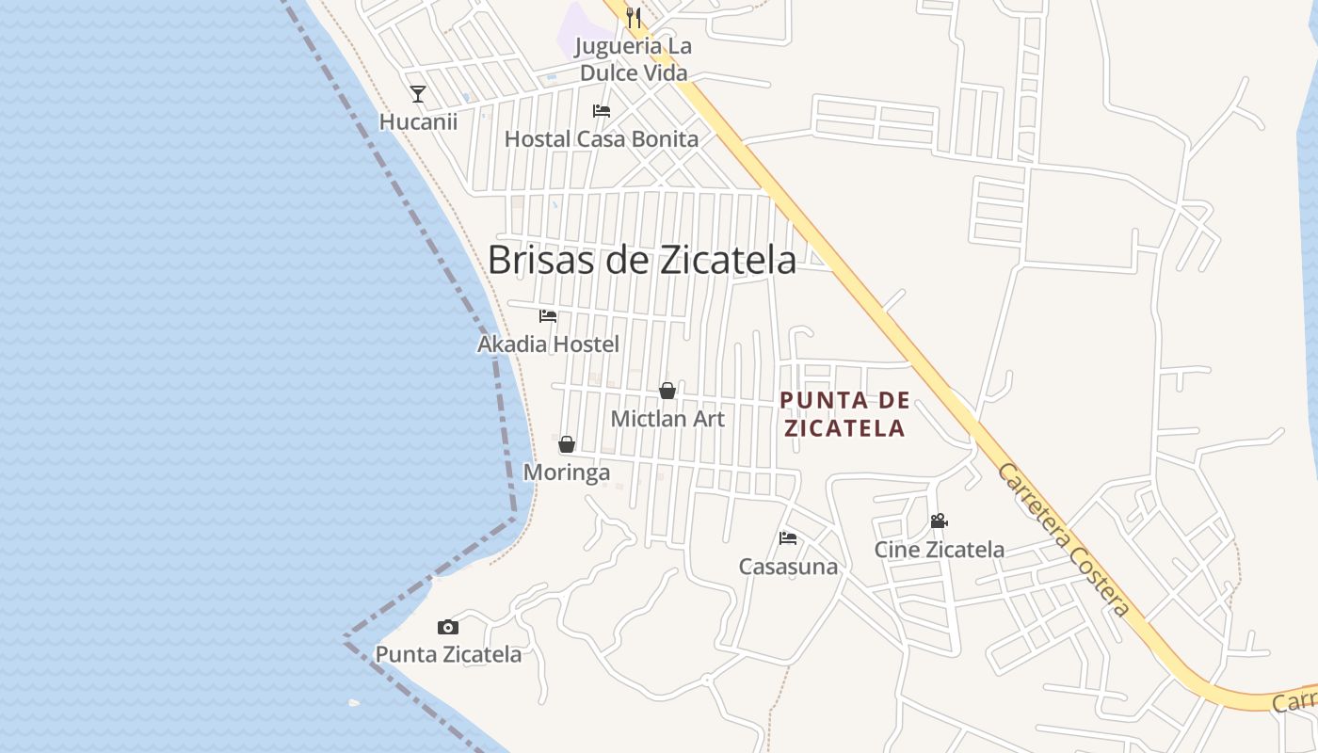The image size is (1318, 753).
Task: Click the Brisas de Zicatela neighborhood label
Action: [641, 260]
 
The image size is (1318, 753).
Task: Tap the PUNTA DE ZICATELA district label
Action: [844, 414]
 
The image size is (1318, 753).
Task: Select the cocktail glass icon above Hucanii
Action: [418, 94]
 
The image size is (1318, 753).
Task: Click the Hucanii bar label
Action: [418, 121]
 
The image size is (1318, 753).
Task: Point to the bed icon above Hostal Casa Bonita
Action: [602, 111]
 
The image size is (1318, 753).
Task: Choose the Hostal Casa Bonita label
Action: [602, 139]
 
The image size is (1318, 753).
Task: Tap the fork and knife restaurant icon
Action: [634, 17]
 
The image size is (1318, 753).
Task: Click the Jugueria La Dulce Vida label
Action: [633, 59]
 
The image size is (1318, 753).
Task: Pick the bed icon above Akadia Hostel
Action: [548, 316]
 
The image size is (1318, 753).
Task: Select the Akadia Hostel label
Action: [548, 344]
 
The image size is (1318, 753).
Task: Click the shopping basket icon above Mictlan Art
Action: [667, 391]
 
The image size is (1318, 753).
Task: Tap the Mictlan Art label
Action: [667, 419]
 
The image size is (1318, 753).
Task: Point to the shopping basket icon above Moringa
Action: [567, 444]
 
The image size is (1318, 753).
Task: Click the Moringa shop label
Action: [567, 473]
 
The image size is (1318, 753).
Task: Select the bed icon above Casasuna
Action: [788, 538]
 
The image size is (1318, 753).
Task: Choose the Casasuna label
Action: [788, 567]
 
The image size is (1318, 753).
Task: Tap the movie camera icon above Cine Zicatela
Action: [939, 521]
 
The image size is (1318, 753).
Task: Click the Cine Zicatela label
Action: [939, 550]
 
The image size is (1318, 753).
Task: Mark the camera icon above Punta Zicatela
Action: [448, 627]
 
